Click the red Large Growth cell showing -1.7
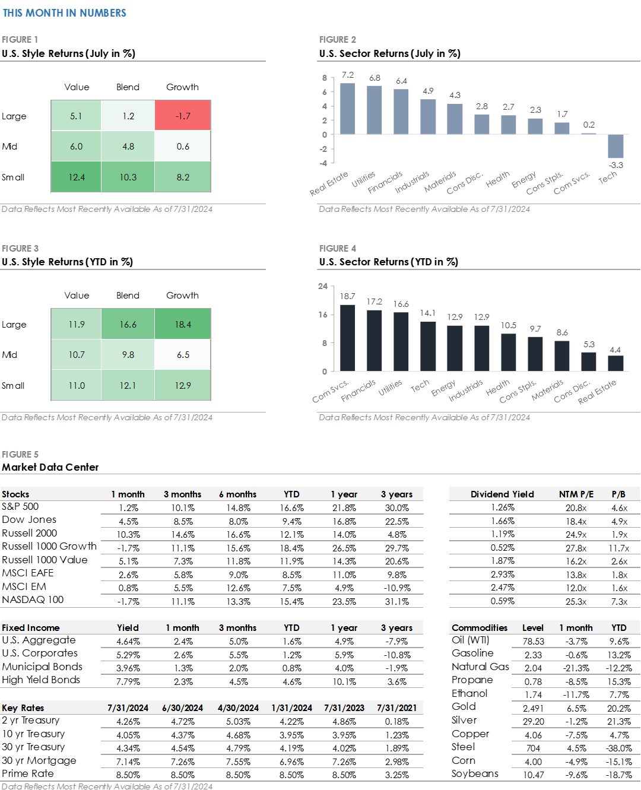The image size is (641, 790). coord(183,116)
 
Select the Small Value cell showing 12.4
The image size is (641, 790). coord(76,177)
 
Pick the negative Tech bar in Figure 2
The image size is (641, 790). coord(615,146)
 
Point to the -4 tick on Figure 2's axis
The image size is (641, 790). coord(323,163)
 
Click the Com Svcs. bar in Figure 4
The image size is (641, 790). coord(347,338)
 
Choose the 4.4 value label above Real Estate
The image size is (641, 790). coord(615,350)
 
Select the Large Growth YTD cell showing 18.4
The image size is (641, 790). coord(183,324)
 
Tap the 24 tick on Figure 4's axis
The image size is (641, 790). coord(323,286)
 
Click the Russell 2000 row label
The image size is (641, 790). coord(30,533)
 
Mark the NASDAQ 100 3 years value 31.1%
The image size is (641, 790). coord(396,601)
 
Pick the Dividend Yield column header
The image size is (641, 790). coord(502,494)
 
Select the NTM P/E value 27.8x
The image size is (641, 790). coord(576,548)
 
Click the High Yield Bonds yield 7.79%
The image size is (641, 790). coord(128,682)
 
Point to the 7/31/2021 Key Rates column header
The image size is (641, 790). coord(396,707)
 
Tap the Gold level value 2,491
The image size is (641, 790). coord(533,708)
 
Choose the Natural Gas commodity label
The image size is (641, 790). coord(480,667)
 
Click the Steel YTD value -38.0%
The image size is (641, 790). coord(619,748)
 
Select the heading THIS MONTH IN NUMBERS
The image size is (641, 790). coord(64,13)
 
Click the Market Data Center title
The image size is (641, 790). coord(50,467)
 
